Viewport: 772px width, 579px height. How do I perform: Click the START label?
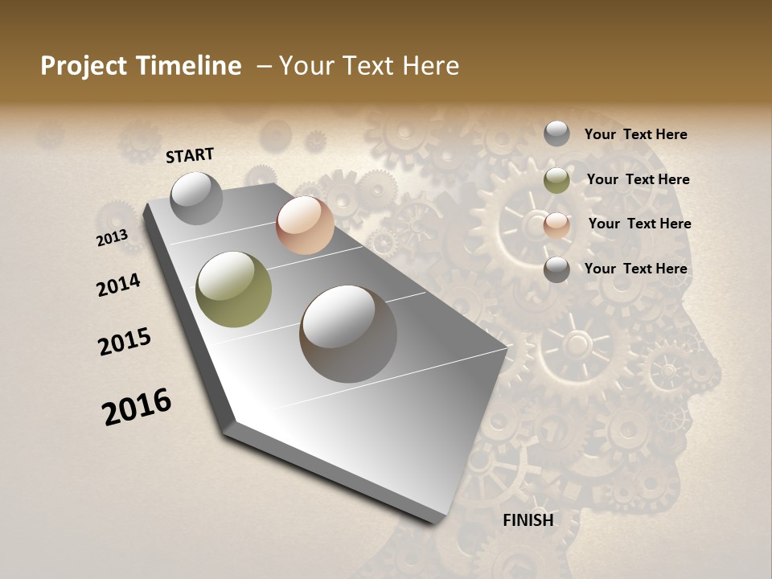pyautogui.click(x=190, y=155)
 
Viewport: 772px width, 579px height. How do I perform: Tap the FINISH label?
pyautogui.click(x=528, y=520)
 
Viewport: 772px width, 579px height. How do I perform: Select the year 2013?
pyautogui.click(x=112, y=238)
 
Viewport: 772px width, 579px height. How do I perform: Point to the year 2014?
pyautogui.click(x=118, y=285)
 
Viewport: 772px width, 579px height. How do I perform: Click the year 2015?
pyautogui.click(x=125, y=342)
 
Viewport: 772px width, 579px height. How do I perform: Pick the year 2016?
pyautogui.click(x=137, y=407)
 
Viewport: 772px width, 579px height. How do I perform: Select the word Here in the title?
pyautogui.click(x=430, y=66)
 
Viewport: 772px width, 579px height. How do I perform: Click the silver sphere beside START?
pyautogui.click(x=196, y=198)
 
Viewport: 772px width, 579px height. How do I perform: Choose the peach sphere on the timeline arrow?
pyautogui.click(x=305, y=225)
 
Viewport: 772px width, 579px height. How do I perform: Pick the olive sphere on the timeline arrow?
pyautogui.click(x=234, y=289)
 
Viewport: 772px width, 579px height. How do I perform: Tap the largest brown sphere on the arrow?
pyautogui.click(x=348, y=334)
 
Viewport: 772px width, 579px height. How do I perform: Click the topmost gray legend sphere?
pyautogui.click(x=556, y=134)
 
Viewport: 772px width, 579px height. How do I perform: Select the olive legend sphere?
pyautogui.click(x=556, y=180)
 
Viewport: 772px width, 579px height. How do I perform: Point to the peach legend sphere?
pyautogui.click(x=556, y=225)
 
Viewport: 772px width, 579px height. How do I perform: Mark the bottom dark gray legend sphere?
pyautogui.click(x=556, y=269)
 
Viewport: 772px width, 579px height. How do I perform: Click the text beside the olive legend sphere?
pyautogui.click(x=639, y=179)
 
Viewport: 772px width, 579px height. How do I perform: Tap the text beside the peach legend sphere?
pyautogui.click(x=640, y=224)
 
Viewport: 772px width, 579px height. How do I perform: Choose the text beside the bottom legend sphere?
pyautogui.click(x=636, y=269)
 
